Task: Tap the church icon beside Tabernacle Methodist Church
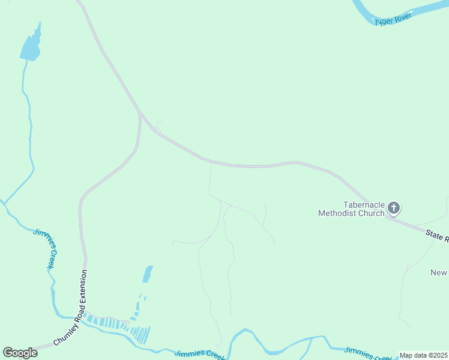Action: tap(394, 208)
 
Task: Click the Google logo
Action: tap(20, 353)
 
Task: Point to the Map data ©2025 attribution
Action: tap(423, 355)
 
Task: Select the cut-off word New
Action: tap(439, 272)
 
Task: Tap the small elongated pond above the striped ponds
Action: tap(147, 274)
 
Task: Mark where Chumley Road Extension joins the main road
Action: tap(140, 113)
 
